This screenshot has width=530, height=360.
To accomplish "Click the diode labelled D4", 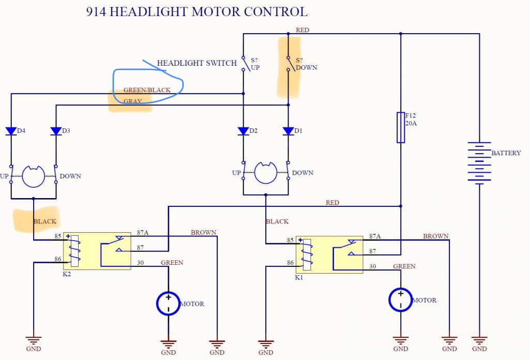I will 11,131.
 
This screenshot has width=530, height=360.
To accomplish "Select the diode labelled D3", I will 56,131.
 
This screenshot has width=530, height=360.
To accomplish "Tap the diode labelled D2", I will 244,131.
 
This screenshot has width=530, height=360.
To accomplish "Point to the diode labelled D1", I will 289,131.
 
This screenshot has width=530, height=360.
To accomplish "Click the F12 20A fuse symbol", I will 401,127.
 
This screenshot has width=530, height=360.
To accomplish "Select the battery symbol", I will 479,162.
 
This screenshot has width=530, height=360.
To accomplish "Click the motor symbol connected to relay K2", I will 169,303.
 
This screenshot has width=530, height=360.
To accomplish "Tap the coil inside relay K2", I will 74,251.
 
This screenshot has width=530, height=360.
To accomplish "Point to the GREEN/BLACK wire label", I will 147,90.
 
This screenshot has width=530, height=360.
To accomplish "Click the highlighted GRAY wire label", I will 132,101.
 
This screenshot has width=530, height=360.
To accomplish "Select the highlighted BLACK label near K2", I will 45,221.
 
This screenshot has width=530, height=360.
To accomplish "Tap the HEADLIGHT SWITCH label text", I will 196,63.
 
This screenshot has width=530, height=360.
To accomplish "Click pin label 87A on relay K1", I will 375,236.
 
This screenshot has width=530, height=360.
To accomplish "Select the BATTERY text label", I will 506,153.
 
